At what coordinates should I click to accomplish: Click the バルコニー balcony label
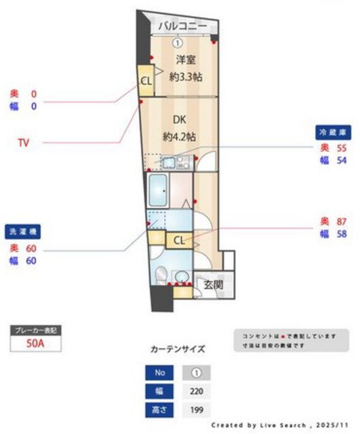point(182,26)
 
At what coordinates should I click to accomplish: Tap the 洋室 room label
point(178,59)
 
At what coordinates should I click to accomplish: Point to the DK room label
point(178,119)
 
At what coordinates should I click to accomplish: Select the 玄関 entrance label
point(214,285)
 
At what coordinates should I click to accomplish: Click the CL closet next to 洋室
point(146,81)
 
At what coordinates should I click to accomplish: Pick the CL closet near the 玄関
point(179,240)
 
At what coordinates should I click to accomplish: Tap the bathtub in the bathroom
point(159,191)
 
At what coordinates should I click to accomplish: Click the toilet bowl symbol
point(160,275)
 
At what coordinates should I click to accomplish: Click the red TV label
point(23,142)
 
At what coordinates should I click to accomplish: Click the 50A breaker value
point(35,343)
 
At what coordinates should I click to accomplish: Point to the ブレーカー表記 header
point(35,330)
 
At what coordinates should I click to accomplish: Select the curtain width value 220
point(197,392)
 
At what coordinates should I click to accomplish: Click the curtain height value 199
point(197,410)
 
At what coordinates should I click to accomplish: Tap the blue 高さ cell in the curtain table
point(160,410)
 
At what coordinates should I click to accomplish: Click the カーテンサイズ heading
point(177,350)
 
